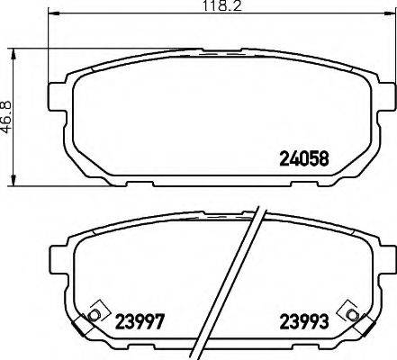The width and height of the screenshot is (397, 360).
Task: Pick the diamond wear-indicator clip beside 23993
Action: (x=347, y=310)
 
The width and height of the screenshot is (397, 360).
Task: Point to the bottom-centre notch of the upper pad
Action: (x=221, y=183)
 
